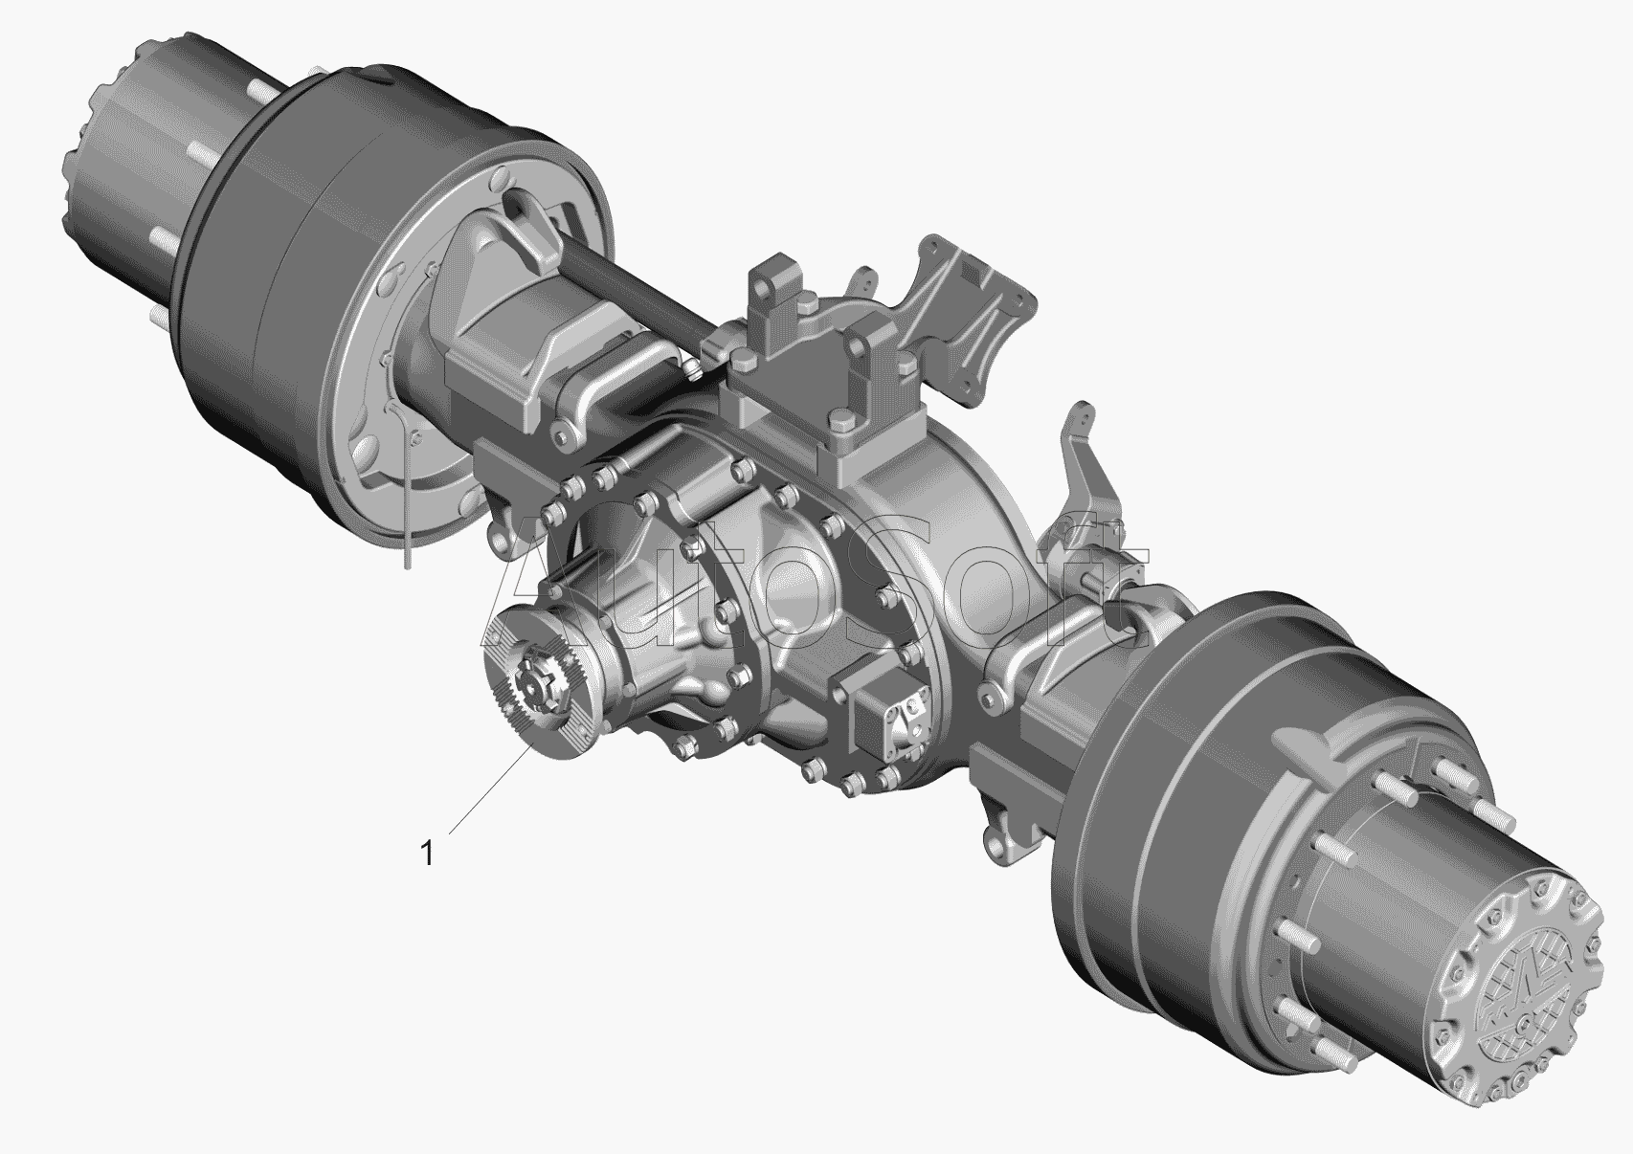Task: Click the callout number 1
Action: [428, 853]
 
